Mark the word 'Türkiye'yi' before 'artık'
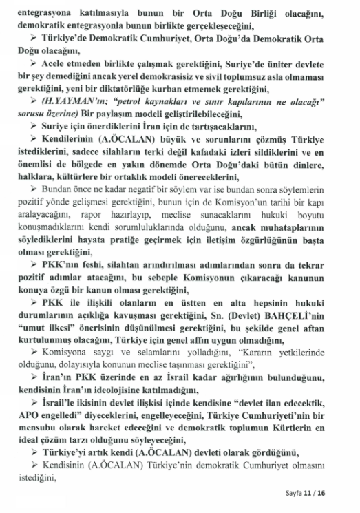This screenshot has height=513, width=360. pos(74,452)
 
